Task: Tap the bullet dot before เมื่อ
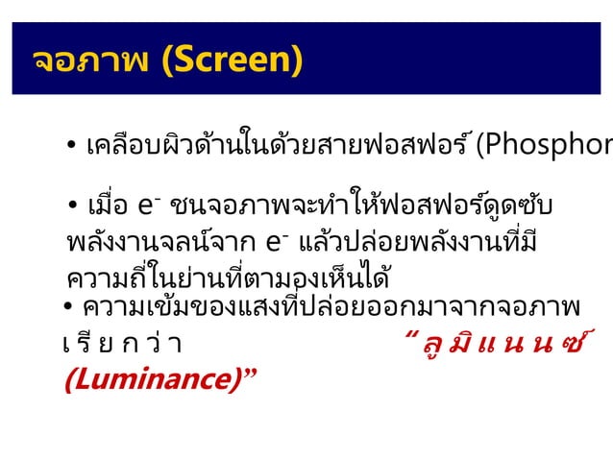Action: coord(73,206)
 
